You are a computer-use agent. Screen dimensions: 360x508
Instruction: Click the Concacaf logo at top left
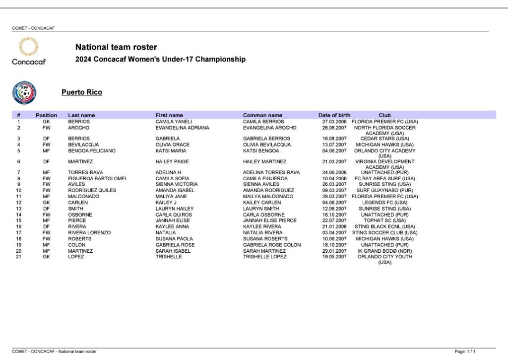[x=28, y=51]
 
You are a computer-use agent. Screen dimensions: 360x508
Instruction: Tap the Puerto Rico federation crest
[x=24, y=93]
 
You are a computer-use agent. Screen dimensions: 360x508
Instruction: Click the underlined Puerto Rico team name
[x=82, y=92]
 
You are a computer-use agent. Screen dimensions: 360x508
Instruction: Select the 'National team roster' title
[x=116, y=47]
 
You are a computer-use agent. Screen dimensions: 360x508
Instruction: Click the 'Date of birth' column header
[x=334, y=115]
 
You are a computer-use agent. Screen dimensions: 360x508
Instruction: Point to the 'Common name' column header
[x=262, y=115]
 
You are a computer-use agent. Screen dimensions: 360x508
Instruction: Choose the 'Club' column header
[x=384, y=115]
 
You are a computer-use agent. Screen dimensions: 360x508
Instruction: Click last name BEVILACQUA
[x=83, y=145]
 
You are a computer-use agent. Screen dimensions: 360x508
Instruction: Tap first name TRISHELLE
[x=169, y=257]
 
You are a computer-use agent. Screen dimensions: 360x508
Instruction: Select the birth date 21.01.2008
[x=334, y=226]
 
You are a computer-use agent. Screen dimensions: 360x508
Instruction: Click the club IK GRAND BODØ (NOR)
[x=384, y=251]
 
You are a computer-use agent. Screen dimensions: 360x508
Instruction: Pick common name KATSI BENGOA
[x=261, y=151]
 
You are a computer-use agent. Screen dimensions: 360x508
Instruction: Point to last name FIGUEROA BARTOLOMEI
[x=97, y=178]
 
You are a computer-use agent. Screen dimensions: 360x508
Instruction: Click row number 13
[x=19, y=209]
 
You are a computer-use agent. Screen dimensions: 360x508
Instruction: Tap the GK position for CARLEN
[x=46, y=203]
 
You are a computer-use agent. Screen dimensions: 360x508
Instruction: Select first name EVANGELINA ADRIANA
[x=182, y=128]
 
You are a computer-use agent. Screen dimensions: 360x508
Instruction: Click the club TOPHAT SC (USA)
[x=384, y=220]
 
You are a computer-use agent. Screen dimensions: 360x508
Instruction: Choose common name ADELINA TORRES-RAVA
[x=271, y=172]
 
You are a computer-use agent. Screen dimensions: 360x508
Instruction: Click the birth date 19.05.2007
[x=334, y=257]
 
